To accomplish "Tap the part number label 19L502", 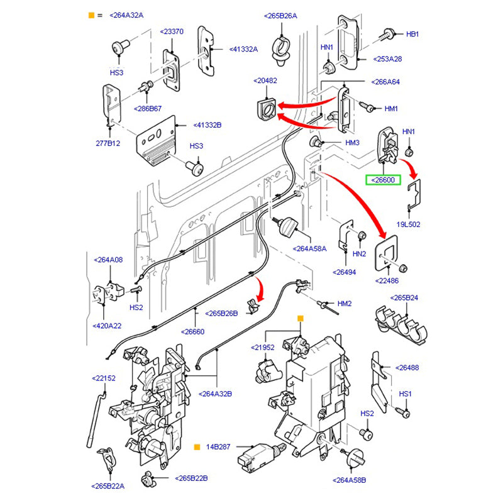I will click(407, 224).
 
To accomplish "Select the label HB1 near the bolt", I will click(412, 34).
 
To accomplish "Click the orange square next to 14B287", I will click(197, 447).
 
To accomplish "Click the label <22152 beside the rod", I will click(104, 378).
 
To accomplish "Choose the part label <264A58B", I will click(351, 480).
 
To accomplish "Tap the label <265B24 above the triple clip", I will click(404, 298).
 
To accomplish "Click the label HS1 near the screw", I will click(406, 394).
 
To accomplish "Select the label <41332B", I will click(207, 125).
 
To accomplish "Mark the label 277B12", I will click(108, 143).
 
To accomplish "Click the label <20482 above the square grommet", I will click(265, 80).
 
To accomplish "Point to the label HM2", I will click(345, 304).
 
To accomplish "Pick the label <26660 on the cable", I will click(192, 332).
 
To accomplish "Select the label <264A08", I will click(108, 259).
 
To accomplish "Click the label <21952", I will click(263, 347).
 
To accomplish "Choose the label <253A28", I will click(388, 58).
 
